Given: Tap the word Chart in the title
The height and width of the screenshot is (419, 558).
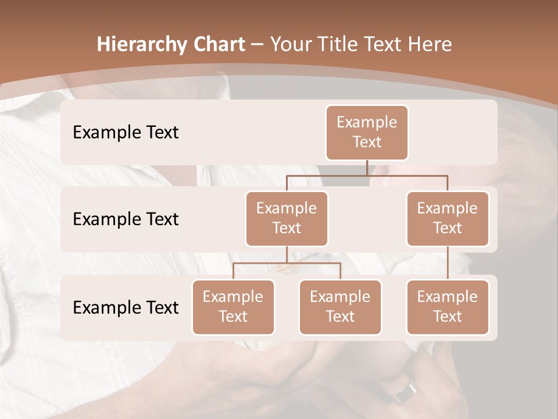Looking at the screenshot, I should [x=217, y=44].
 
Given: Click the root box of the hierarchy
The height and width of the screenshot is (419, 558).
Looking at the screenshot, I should [x=367, y=132].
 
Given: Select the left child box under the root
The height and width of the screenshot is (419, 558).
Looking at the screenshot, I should [x=287, y=218].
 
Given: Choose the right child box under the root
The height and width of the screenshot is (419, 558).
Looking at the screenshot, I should [x=448, y=218].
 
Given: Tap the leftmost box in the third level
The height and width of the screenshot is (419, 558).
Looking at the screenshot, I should [x=233, y=307].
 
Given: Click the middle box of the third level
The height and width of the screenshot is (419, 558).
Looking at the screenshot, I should [x=340, y=307].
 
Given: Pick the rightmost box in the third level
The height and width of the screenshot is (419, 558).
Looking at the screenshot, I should [x=448, y=307].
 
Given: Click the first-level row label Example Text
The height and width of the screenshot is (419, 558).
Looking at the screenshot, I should [x=126, y=132].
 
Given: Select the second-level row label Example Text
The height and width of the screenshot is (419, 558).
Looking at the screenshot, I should [x=126, y=219].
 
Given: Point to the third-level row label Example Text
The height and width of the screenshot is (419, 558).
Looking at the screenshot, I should [x=126, y=307].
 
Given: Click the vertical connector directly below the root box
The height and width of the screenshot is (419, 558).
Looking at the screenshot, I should [x=367, y=168].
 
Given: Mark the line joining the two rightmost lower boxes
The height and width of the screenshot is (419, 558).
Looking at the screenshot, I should [x=448, y=263].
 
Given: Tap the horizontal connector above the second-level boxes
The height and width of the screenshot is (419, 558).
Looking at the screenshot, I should [x=367, y=175].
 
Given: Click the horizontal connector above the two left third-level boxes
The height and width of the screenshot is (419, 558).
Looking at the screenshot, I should [x=287, y=263].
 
